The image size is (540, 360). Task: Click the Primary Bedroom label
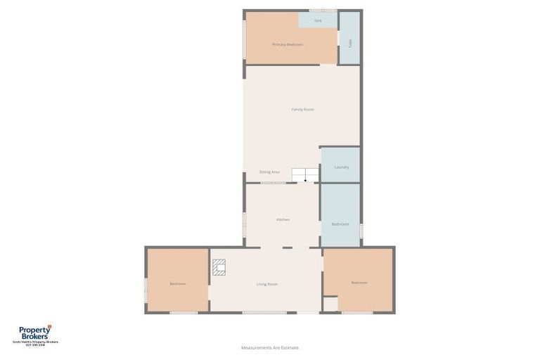click(x=288, y=44)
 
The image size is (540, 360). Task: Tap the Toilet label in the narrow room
click(x=349, y=43)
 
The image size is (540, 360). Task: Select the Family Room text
click(x=302, y=109)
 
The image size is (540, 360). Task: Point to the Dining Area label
click(x=269, y=172)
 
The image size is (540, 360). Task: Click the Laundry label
click(x=342, y=167)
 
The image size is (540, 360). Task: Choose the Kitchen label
click(x=283, y=219)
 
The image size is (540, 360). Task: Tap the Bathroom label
click(x=340, y=224)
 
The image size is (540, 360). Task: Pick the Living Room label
click(x=266, y=284)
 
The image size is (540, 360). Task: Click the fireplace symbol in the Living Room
click(x=219, y=266)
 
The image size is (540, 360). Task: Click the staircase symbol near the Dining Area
click(x=305, y=175)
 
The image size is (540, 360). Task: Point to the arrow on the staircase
click(x=305, y=179)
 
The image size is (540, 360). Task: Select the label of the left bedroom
click(x=178, y=283)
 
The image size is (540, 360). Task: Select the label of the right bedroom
click(x=359, y=283)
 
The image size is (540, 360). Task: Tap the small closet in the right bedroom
click(x=330, y=304)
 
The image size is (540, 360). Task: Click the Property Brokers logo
click(x=34, y=335)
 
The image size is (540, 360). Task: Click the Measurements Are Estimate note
click(x=270, y=347)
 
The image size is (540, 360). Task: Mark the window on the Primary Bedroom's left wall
click(x=244, y=39)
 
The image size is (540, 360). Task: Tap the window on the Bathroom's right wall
click(x=361, y=231)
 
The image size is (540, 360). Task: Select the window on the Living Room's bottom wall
click(x=264, y=313)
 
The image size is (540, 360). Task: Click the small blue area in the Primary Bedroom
click(x=318, y=20)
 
